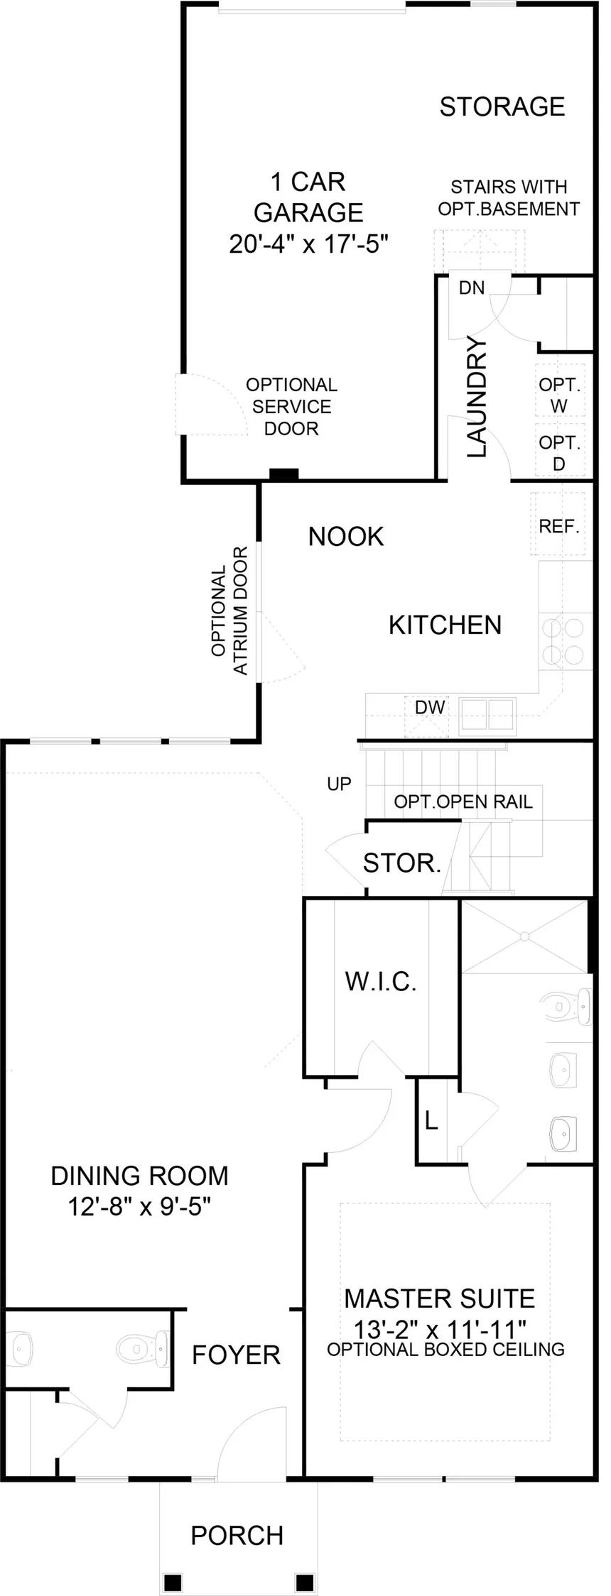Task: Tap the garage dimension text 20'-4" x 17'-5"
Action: pyautogui.click(x=308, y=244)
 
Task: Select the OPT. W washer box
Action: pyautogui.click(x=559, y=395)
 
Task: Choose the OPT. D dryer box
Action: pyautogui.click(x=559, y=452)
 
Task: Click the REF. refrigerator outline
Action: pyautogui.click(x=559, y=526)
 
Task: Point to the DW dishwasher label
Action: pyautogui.click(x=430, y=707)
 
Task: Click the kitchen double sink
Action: pyautogui.click(x=487, y=715)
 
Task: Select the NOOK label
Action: pyautogui.click(x=346, y=537)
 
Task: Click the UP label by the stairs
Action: pyautogui.click(x=339, y=784)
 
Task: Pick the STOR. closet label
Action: pyautogui.click(x=402, y=863)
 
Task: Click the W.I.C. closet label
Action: pyautogui.click(x=381, y=981)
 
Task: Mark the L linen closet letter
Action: pyautogui.click(x=431, y=1120)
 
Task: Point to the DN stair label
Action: pyautogui.click(x=472, y=288)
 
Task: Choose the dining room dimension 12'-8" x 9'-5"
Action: pyautogui.click(x=140, y=1206)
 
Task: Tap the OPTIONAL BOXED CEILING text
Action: pyautogui.click(x=445, y=1349)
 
